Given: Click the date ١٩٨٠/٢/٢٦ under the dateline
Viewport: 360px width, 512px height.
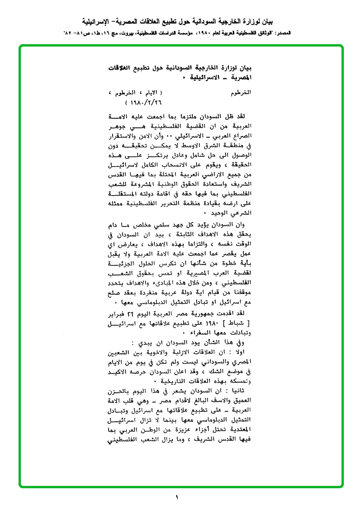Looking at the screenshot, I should click(x=144, y=102).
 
